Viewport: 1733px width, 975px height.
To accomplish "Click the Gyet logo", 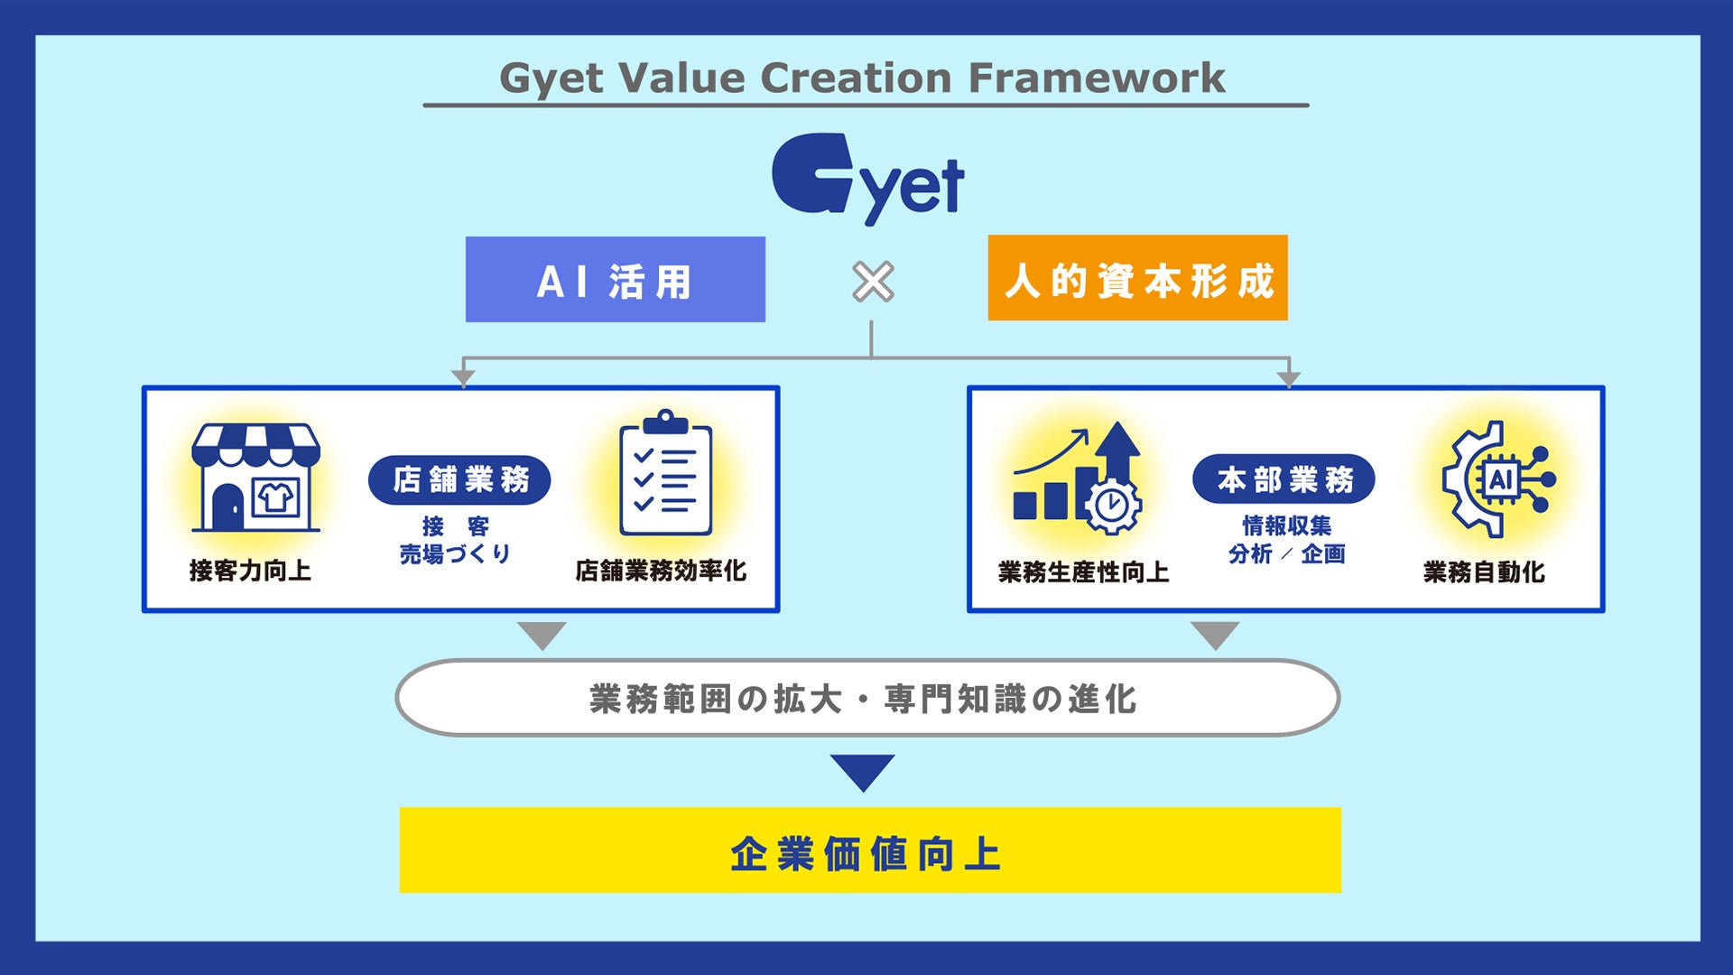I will [867, 178].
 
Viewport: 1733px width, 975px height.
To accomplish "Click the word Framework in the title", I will [1097, 79].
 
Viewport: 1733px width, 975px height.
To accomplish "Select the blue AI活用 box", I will [615, 280].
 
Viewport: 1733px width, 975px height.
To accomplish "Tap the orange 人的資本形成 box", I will [1137, 279].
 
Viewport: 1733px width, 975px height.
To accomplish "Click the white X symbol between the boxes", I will [873, 282].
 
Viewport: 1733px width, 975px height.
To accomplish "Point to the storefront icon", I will [255, 478].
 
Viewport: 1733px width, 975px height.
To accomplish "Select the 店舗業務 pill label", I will [459, 479].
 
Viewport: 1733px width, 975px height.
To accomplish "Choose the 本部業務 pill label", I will [1284, 479].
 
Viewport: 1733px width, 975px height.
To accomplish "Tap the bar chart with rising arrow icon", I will [1078, 478].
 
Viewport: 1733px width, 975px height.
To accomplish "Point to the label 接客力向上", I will [250, 571].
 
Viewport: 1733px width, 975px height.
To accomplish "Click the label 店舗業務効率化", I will [661, 571].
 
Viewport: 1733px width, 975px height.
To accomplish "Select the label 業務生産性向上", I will [1083, 572].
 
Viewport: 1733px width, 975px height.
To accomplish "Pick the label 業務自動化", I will [1484, 572].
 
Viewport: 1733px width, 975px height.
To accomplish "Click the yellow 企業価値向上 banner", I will [869, 850].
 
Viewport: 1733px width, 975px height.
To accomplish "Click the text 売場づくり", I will [455, 553].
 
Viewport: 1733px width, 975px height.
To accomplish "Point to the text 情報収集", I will [1286, 525].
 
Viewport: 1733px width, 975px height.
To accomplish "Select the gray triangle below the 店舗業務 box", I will [542, 634].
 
